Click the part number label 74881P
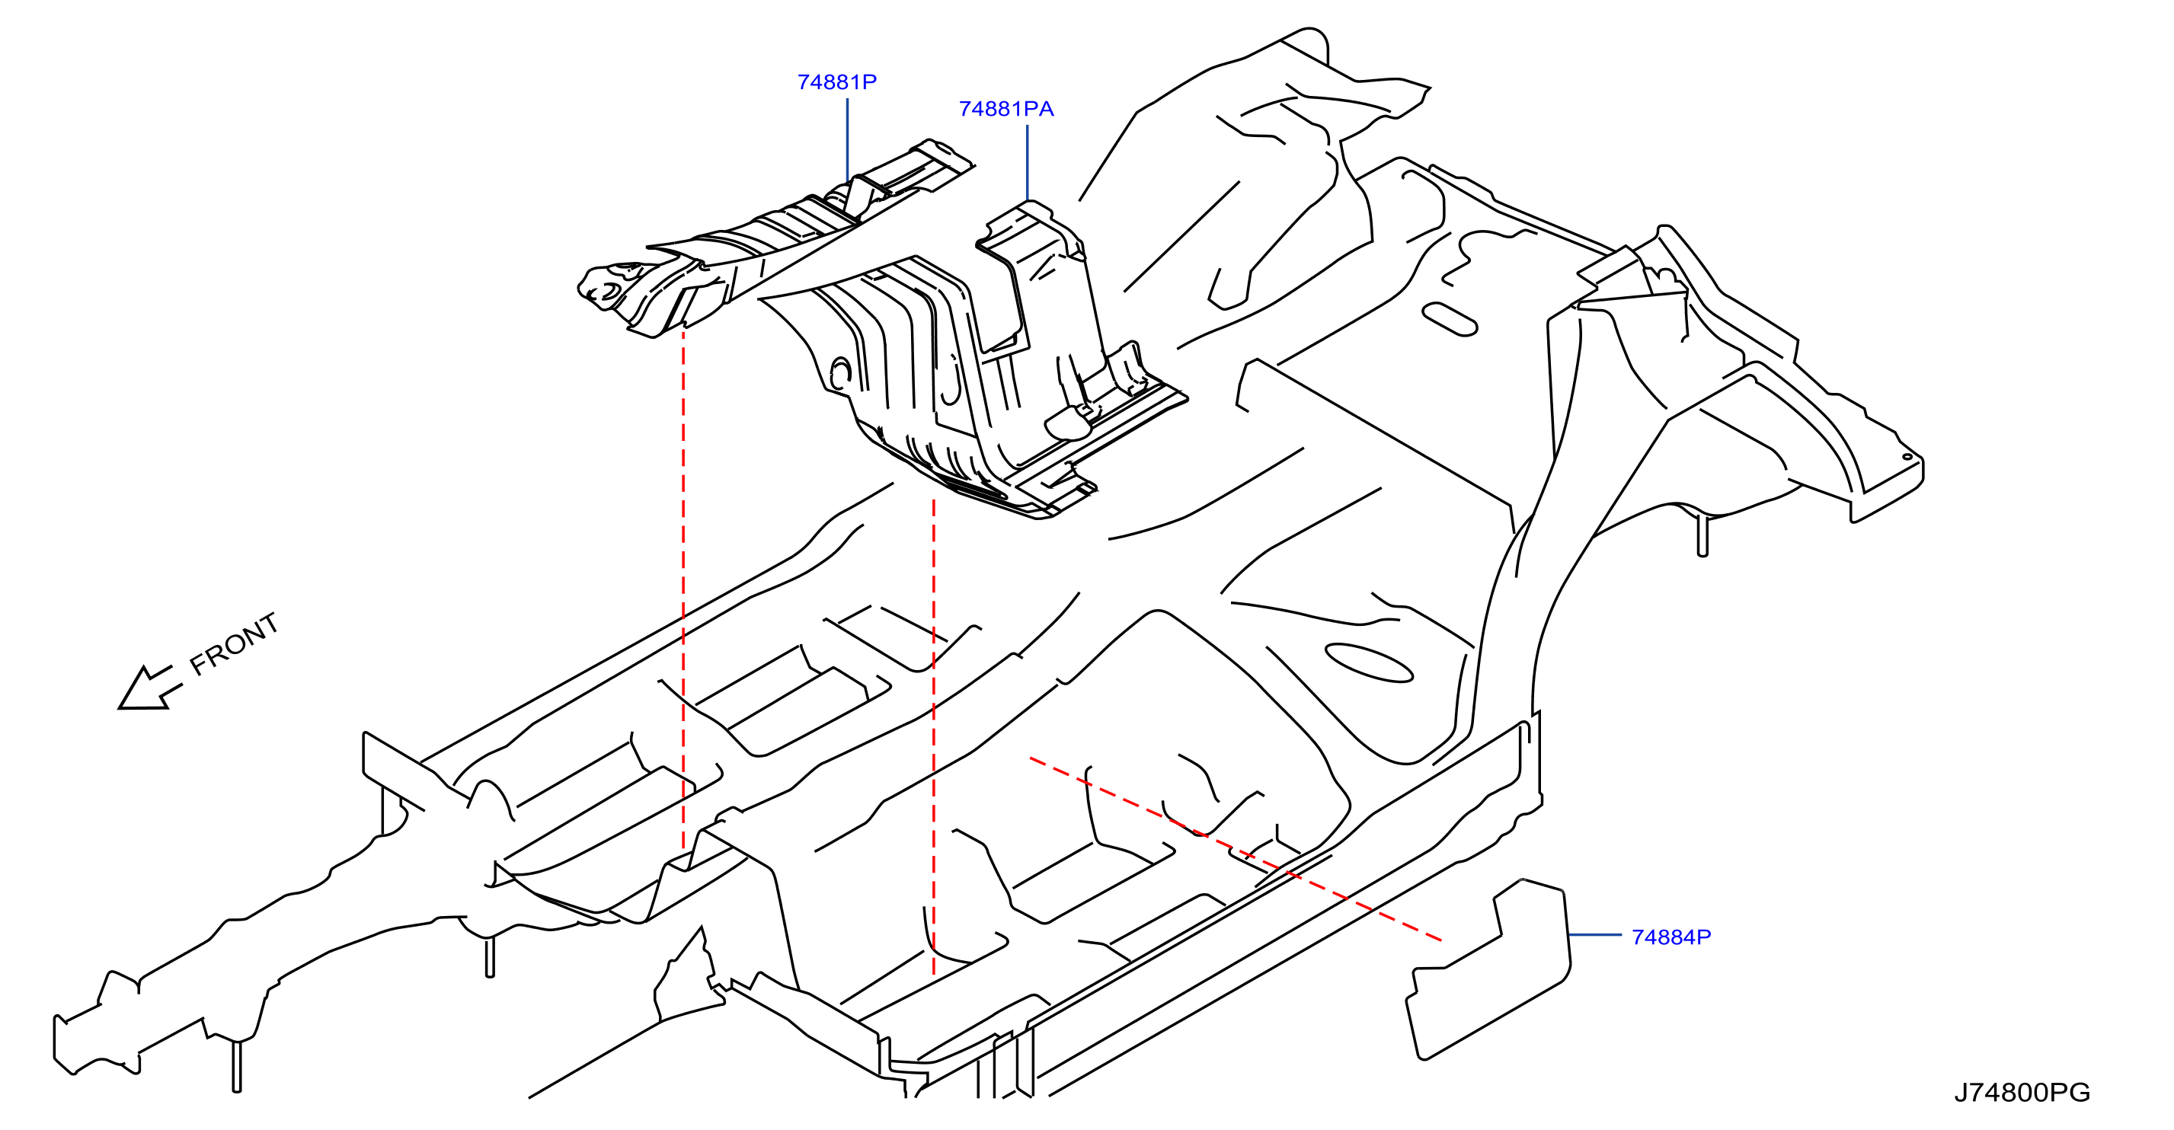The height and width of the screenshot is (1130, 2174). [836, 82]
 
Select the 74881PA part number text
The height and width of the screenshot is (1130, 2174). [1006, 109]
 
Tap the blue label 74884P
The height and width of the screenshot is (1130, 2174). [1671, 937]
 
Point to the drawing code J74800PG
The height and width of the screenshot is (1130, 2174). [2022, 1093]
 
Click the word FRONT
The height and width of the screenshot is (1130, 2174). [234, 643]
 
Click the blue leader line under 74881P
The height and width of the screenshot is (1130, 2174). [847, 140]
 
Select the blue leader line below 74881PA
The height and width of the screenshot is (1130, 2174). [1027, 163]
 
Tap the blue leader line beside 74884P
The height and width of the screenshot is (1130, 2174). [1595, 935]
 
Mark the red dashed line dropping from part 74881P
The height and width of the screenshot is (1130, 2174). [683, 589]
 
